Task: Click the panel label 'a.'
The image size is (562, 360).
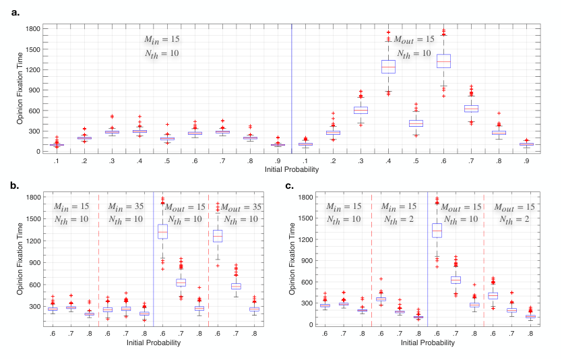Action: [15, 13]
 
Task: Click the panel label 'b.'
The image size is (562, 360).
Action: [15, 186]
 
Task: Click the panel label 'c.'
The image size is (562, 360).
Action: [289, 186]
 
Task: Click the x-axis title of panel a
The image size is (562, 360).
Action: [291, 169]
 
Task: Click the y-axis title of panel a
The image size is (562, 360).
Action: [20, 88]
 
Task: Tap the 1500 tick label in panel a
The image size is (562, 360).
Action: [33, 49]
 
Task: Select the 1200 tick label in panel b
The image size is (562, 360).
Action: [33, 241]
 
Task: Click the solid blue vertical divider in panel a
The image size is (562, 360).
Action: [291, 89]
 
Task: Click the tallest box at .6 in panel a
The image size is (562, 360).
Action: [443, 61]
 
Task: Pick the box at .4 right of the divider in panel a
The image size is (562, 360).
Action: [388, 67]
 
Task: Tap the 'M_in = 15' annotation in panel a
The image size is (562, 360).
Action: [162, 40]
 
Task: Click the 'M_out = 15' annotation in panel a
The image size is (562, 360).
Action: [414, 40]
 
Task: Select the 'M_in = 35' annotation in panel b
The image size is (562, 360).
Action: [126, 207]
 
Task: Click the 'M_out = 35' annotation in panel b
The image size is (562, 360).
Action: [241, 207]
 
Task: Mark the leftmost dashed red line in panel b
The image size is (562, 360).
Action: [98, 260]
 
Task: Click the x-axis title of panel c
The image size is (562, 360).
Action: [428, 342]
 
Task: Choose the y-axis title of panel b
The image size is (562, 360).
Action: [20, 259]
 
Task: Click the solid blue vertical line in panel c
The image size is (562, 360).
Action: [428, 260]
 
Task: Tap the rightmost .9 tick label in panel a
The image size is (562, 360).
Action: [526, 161]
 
